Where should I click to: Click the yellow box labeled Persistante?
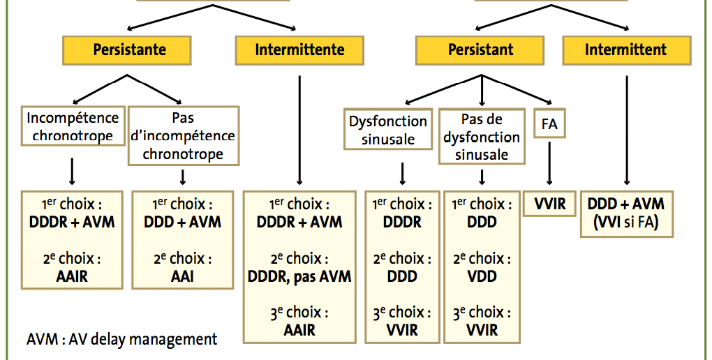[x=126, y=50]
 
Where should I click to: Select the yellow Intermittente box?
[x=299, y=50]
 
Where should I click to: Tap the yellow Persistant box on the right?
[x=480, y=50]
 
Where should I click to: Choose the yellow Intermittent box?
[x=627, y=50]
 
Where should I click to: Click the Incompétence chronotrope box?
[x=73, y=126]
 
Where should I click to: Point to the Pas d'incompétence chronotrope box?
[x=184, y=136]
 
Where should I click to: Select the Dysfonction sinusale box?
[x=388, y=129]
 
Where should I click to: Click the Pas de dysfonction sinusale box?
[x=482, y=136]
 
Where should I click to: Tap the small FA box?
[x=549, y=123]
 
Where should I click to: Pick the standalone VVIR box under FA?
[x=550, y=204]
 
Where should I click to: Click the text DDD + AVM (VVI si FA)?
[x=627, y=213]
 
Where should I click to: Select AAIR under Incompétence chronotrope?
[x=72, y=276]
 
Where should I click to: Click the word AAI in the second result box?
[x=182, y=276]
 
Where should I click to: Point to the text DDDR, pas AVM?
[x=299, y=276]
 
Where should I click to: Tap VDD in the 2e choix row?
[x=482, y=276]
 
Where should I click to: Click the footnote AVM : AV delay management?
[x=121, y=339]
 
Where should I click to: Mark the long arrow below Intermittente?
[x=299, y=130]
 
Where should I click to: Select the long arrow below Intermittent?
[x=627, y=130]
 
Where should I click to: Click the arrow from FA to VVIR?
[x=549, y=163]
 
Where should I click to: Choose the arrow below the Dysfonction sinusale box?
[x=402, y=174]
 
